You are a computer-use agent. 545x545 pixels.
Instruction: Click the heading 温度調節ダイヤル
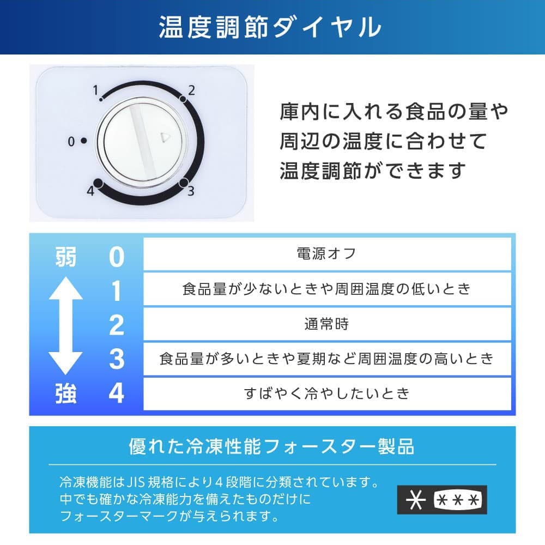[x=270, y=27]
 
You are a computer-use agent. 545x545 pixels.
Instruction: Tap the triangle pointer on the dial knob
[x=165, y=138]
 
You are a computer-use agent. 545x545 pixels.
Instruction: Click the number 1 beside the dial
[x=95, y=90]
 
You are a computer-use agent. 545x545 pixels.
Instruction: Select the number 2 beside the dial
[x=191, y=90]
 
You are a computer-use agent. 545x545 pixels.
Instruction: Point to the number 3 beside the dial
[x=191, y=191]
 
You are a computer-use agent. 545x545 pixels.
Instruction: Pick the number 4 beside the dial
[x=90, y=191]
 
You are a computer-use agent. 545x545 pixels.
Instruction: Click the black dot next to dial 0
[x=84, y=141]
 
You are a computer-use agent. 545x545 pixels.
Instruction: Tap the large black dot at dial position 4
[x=98, y=183]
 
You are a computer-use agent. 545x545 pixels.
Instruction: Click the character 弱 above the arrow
[x=66, y=257]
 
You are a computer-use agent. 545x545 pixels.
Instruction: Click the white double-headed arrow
[x=65, y=325]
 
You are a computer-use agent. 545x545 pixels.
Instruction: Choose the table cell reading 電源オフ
[x=327, y=254]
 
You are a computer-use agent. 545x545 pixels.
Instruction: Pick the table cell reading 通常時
[x=327, y=324]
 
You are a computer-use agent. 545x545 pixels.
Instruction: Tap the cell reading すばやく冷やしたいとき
[x=327, y=394]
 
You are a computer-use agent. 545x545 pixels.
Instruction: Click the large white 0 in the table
[x=117, y=257]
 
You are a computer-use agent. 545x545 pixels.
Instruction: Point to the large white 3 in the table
[x=117, y=359]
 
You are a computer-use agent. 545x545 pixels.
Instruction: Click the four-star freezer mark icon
[x=442, y=500]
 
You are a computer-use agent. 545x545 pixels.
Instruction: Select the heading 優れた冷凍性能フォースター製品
[x=271, y=446]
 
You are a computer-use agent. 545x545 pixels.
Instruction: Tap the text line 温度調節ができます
[x=373, y=171]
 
